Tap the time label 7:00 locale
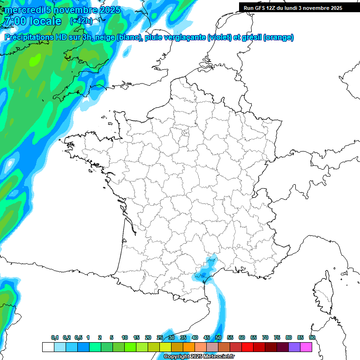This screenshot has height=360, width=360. click(x=32, y=22)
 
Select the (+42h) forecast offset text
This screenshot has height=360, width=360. click(x=81, y=21)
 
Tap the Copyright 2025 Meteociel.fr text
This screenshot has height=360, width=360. click(x=199, y=357)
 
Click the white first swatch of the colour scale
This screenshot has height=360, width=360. click(x=48, y=347)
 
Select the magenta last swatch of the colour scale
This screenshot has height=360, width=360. click(x=306, y=347)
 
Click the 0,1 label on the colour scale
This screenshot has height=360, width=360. click(x=55, y=337)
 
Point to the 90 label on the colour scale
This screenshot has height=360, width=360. click(x=312, y=337)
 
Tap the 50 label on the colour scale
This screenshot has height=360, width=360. click(x=218, y=337)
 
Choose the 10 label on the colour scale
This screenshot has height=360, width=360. click(x=125, y=337)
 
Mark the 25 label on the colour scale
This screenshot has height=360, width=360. click(x=160, y=337)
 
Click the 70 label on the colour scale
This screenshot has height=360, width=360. click(x=265, y=337)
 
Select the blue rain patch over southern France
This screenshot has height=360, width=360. click(x=205, y=271)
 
